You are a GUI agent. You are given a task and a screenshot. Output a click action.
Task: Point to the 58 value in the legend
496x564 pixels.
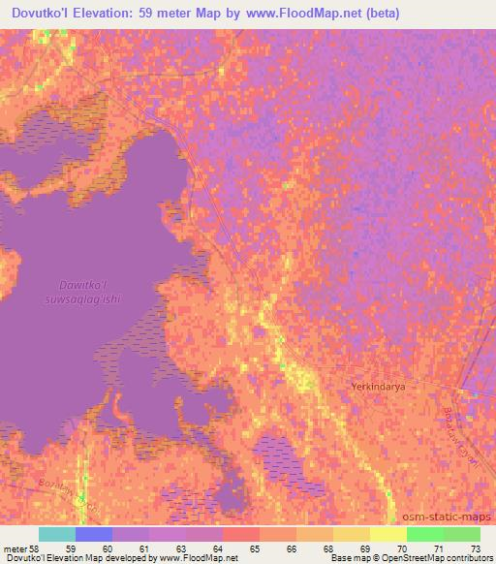coord(39,548)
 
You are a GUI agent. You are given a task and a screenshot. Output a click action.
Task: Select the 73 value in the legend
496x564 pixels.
coord(475,548)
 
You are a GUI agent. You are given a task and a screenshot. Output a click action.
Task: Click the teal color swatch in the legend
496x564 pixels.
coord(57,534)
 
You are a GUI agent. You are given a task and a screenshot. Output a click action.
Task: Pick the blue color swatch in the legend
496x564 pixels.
coord(94,534)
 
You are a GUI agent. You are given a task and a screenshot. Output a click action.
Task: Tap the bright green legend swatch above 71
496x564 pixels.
coord(424,534)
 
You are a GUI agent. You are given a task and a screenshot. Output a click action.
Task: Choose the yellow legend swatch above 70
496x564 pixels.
coord(387,534)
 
